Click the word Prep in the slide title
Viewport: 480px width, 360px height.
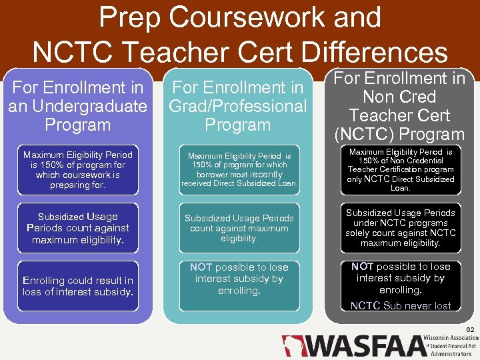coord(130,18)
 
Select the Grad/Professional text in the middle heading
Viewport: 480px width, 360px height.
coord(237,106)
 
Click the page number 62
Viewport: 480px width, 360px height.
coord(470,329)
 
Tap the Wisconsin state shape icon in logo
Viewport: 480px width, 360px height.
coord(291,346)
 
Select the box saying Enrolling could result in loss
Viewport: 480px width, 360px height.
coord(77,286)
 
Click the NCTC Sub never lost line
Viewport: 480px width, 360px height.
coord(401,306)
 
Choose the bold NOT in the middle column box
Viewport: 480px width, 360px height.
coord(201,267)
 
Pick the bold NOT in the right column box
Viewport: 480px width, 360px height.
coord(362,267)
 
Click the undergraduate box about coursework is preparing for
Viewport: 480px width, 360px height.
coord(77,170)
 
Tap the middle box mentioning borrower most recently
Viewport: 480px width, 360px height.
coord(239,170)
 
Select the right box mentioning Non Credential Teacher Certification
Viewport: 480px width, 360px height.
coord(401,170)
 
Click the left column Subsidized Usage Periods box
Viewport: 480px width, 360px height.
coord(77,228)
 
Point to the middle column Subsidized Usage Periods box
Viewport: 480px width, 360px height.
coord(239,228)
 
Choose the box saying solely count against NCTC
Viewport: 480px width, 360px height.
coord(401,228)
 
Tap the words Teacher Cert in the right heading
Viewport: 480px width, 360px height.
coord(401,115)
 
